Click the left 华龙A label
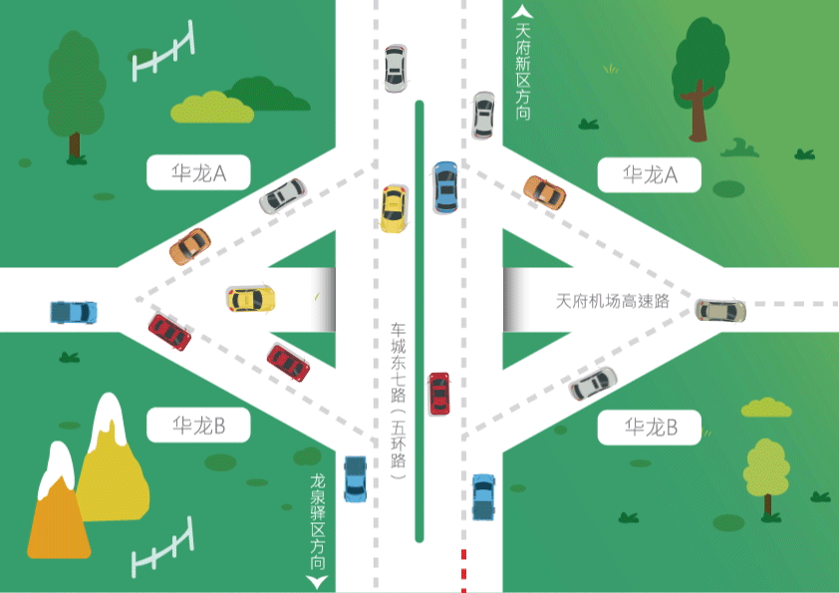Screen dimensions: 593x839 coord(197,173)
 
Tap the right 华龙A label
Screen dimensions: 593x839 coord(649,175)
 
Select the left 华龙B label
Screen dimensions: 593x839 coord(197,426)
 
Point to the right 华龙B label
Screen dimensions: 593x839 coord(650,428)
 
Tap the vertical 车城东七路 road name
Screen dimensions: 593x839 coord(399,399)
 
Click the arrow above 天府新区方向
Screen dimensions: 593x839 coord(523,13)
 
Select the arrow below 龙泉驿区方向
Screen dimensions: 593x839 coord(318,581)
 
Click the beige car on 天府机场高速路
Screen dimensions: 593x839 coord(720,310)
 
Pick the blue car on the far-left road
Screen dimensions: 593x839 coord(74,312)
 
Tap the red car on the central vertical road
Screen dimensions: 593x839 coord(439,393)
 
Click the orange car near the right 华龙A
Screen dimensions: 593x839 coord(545,191)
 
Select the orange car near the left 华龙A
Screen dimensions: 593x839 coord(189,245)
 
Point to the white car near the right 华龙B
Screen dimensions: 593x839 coord(593,383)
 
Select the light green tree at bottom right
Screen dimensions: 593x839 coord(766,467)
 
